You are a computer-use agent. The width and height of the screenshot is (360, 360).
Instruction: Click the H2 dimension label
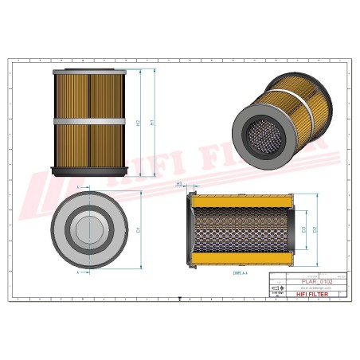pos(139,123)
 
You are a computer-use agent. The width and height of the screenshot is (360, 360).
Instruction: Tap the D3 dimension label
pos(303,230)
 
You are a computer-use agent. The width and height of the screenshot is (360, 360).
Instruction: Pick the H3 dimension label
pos(179,183)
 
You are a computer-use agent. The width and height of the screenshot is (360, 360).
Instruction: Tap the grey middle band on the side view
pos(89,121)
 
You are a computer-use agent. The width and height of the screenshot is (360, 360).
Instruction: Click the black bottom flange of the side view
pos(89,170)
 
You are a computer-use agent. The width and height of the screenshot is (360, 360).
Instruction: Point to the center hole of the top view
pos(88,230)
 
